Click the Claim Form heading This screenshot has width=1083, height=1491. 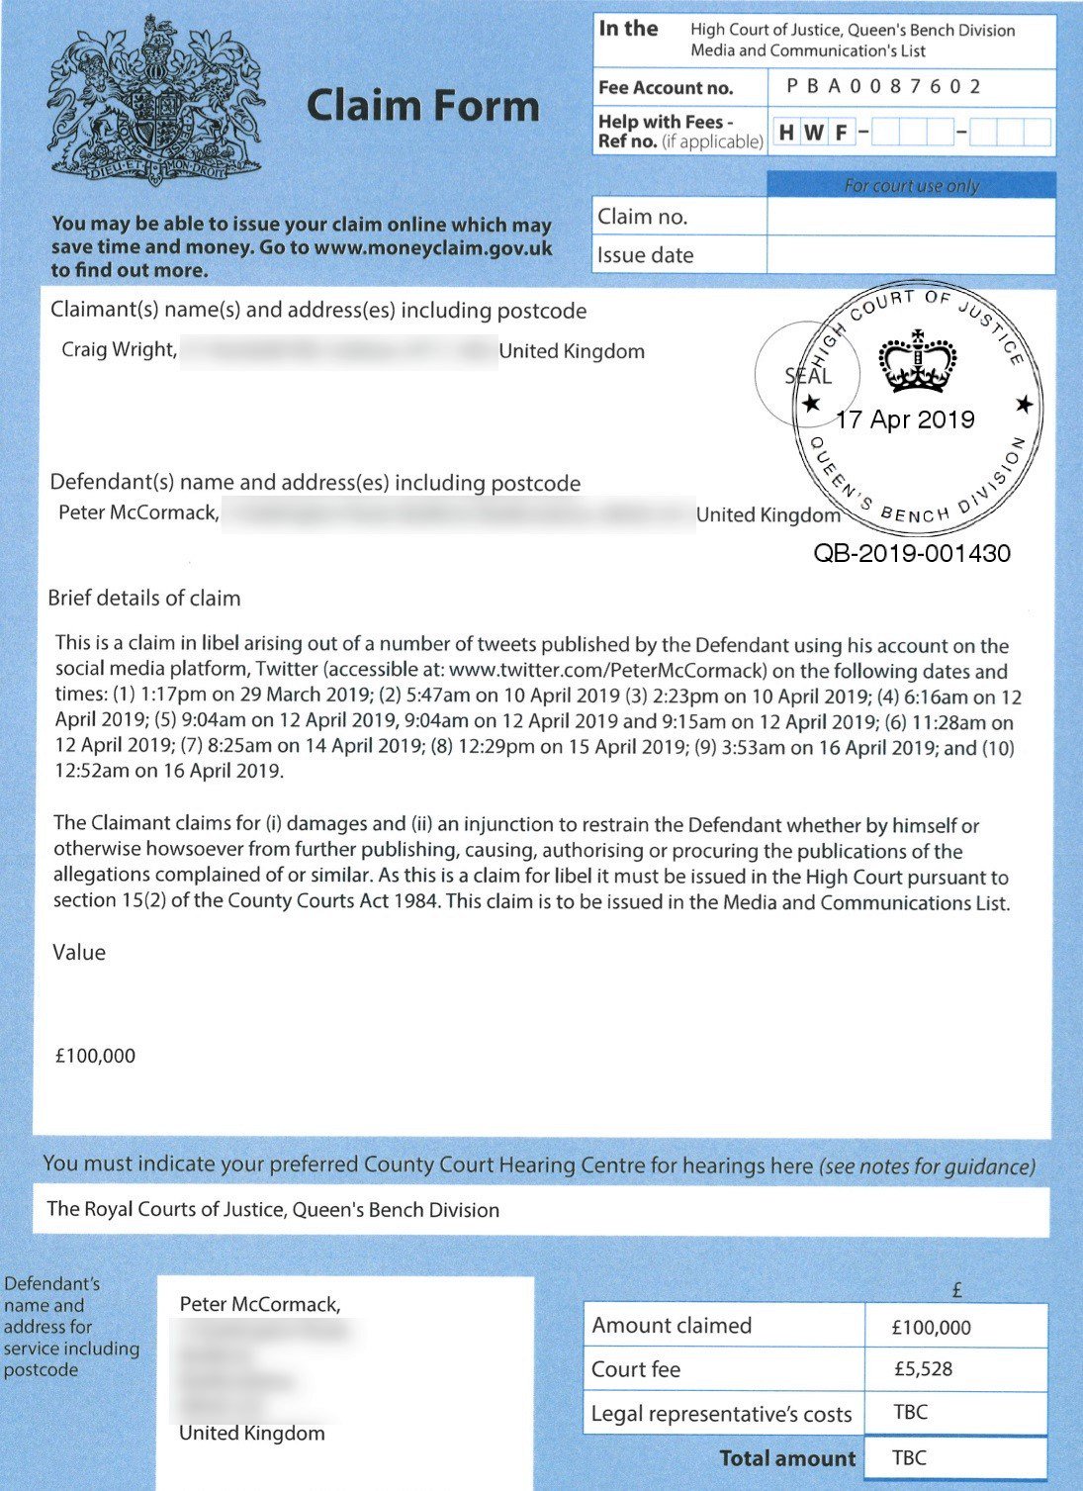(x=422, y=106)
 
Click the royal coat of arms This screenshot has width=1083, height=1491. (x=155, y=102)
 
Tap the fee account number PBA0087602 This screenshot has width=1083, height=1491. (x=883, y=87)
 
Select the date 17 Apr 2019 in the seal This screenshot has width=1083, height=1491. (x=905, y=419)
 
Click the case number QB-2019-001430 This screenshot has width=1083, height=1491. (x=912, y=553)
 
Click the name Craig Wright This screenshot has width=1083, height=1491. (x=119, y=349)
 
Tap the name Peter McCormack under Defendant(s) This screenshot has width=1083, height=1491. (x=137, y=513)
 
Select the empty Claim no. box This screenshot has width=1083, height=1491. (x=910, y=217)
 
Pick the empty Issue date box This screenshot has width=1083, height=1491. (x=910, y=255)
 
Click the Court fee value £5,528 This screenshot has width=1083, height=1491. (x=922, y=1369)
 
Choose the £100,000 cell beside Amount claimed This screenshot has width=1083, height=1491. (x=931, y=1327)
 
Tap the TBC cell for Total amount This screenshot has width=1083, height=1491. (x=909, y=1457)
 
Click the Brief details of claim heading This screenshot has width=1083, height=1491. (x=144, y=598)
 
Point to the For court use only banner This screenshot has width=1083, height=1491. (x=911, y=185)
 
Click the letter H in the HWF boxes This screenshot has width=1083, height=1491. (x=787, y=133)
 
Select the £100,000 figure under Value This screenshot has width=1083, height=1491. (x=96, y=1056)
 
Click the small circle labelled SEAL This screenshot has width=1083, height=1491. (x=806, y=375)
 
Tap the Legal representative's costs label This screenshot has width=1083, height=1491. (x=721, y=1414)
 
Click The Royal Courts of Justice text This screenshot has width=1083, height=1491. (x=273, y=1209)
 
